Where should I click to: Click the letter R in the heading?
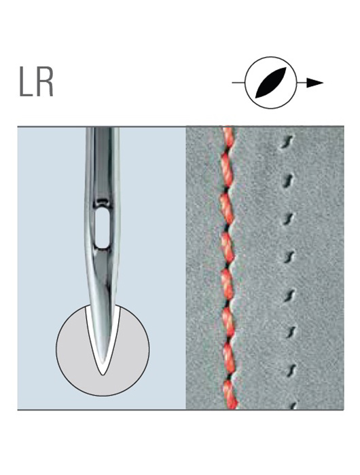click(x=44, y=81)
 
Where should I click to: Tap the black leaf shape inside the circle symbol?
click(x=270, y=82)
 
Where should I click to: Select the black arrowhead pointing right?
click(x=314, y=82)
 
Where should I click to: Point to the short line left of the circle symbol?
click(x=238, y=82)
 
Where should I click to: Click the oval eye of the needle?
click(x=103, y=228)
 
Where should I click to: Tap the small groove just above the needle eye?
click(x=103, y=201)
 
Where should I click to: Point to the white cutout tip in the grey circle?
click(x=103, y=375)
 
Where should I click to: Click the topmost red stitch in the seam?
click(x=228, y=137)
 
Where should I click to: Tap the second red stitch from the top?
click(x=227, y=170)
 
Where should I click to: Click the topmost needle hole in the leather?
click(x=287, y=141)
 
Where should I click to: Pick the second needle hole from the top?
click(x=287, y=180)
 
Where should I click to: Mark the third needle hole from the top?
click(x=288, y=218)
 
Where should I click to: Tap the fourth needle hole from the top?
click(x=289, y=256)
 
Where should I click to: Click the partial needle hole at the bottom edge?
click(x=293, y=406)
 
